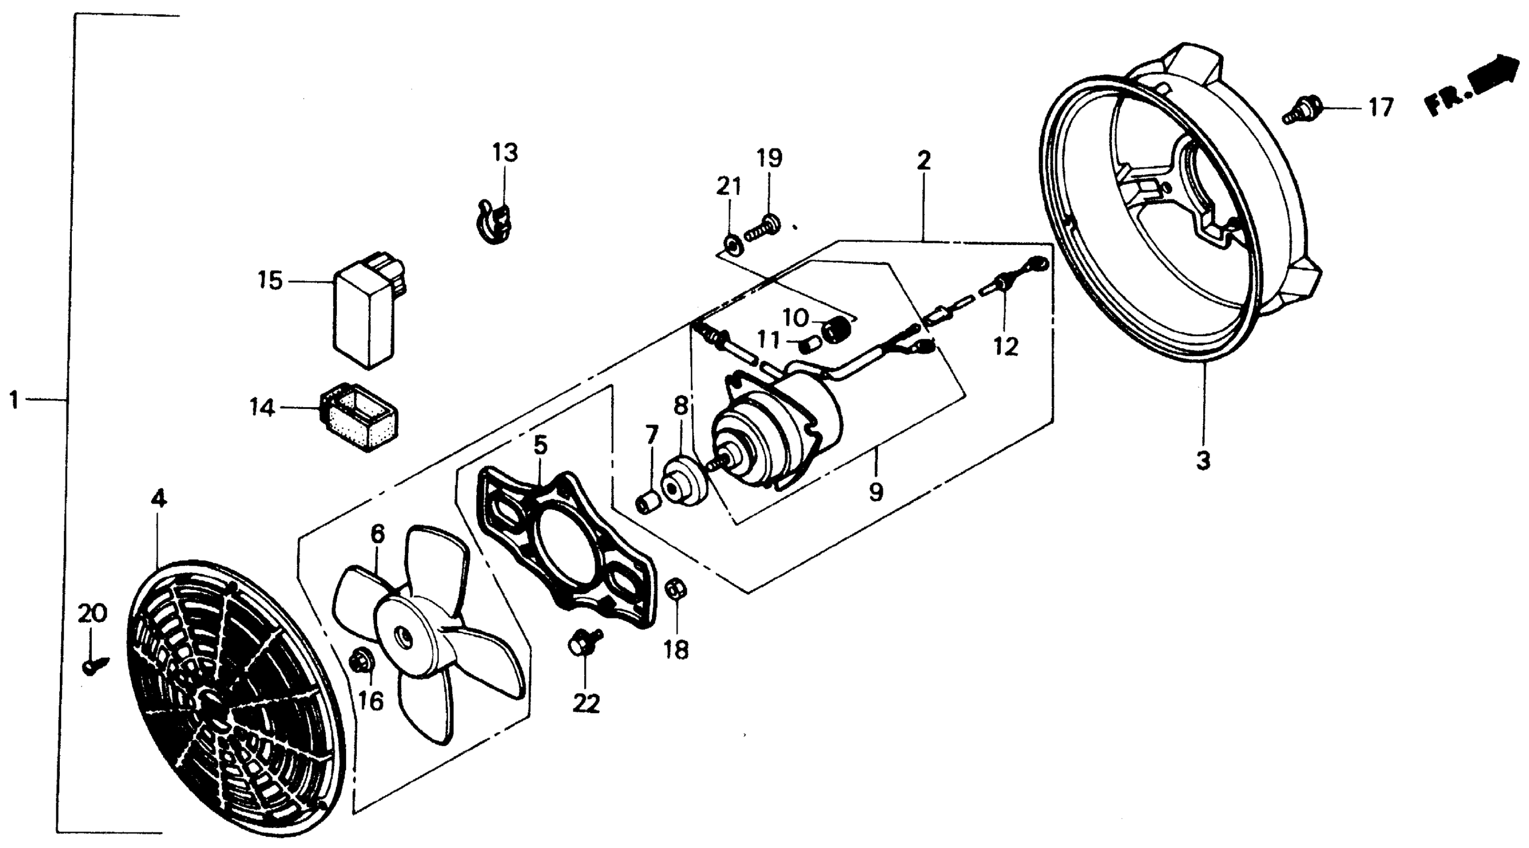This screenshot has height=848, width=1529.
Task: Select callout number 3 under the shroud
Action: (x=1203, y=460)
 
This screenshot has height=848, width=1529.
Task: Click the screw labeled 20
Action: (x=94, y=664)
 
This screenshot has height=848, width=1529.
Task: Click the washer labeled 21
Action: (x=731, y=243)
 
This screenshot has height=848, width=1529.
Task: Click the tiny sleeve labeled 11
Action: (x=809, y=344)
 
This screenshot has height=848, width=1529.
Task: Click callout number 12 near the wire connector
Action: (x=1006, y=347)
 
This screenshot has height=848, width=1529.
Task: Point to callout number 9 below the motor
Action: (x=876, y=491)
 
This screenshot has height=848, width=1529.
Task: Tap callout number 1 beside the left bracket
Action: (x=14, y=401)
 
